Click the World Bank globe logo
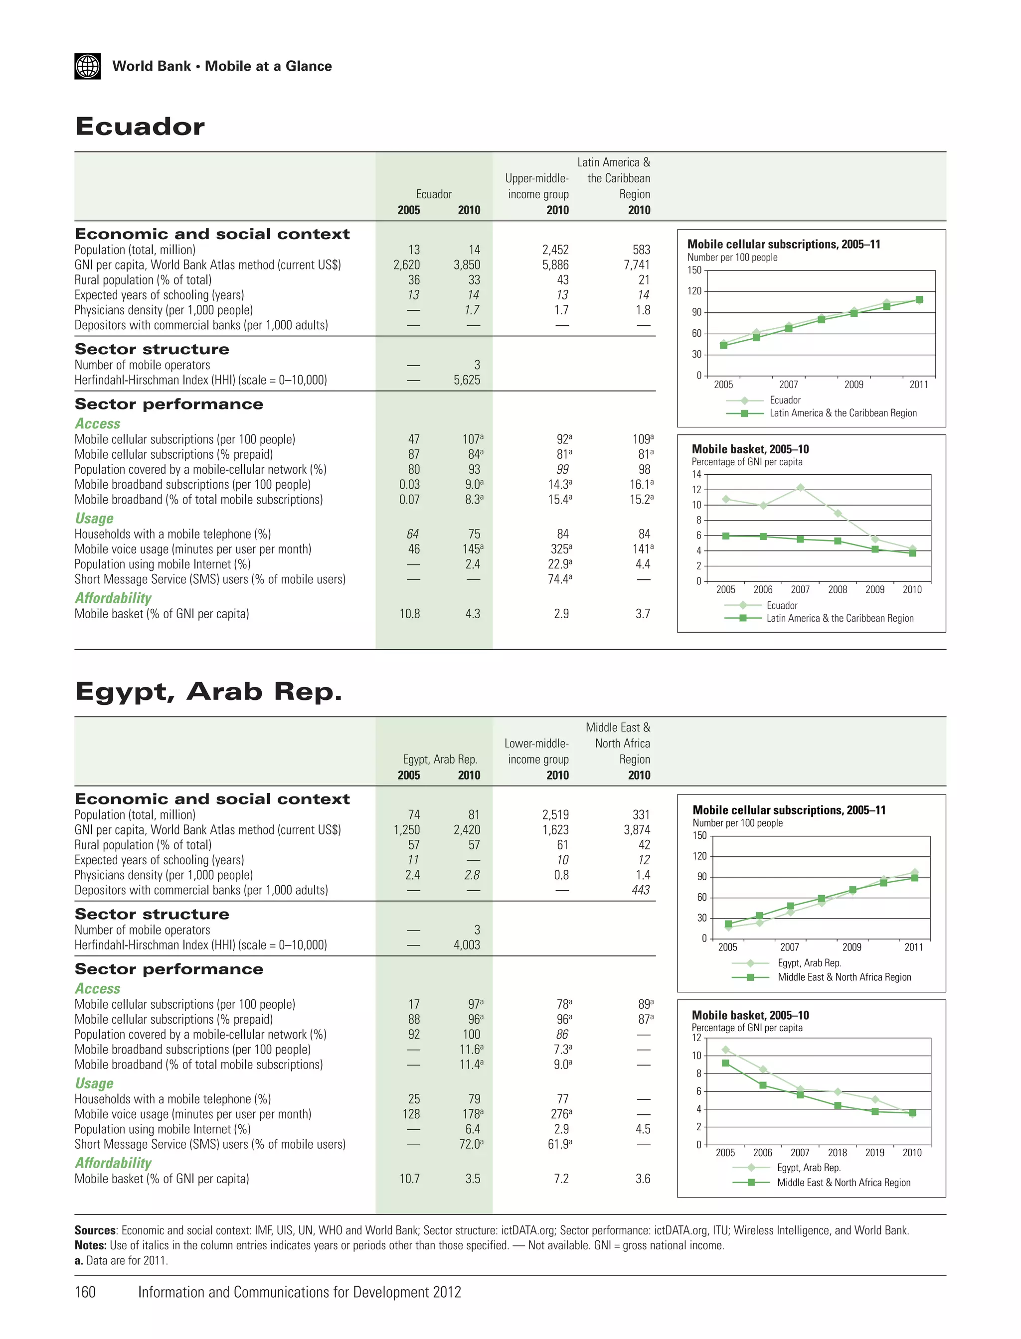(88, 66)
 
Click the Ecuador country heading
(140, 127)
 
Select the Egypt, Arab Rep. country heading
(208, 691)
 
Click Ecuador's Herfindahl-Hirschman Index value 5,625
(466, 380)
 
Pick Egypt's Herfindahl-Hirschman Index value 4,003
(466, 945)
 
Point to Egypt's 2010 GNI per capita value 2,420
(466, 829)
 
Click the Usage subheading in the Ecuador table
(94, 519)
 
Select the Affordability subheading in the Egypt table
(113, 1162)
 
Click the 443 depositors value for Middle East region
(641, 890)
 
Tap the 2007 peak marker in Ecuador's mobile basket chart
(800, 488)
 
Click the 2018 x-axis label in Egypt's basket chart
(837, 1153)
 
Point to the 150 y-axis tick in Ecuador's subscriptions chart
(694, 270)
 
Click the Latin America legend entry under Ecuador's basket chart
(840, 618)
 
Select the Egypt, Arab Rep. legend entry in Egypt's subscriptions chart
(809, 962)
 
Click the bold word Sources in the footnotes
(95, 1230)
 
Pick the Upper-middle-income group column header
(537, 186)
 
